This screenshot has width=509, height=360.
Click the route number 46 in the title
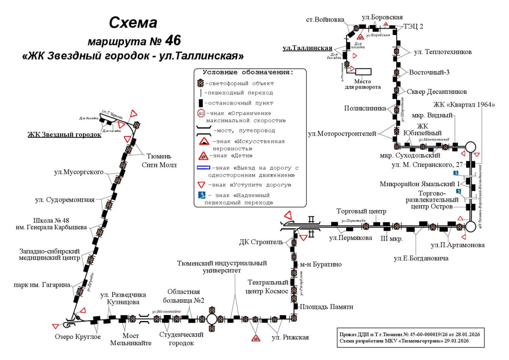[171, 41]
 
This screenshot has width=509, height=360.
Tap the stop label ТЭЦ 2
[414, 27]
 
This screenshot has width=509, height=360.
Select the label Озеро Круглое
[78, 337]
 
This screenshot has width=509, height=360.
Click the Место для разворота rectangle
[363, 72]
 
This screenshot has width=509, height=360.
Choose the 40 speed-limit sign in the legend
[201, 113]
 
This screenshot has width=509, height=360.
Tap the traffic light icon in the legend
[201, 83]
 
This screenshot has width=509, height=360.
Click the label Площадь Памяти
[326, 307]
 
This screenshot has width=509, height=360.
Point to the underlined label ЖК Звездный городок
[64, 134]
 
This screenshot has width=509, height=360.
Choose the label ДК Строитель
[261, 242]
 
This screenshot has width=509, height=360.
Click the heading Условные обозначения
[248, 72]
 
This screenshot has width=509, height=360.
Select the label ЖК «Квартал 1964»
[464, 105]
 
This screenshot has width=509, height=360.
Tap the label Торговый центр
[361, 211]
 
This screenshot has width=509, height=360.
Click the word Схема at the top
[133, 23]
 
